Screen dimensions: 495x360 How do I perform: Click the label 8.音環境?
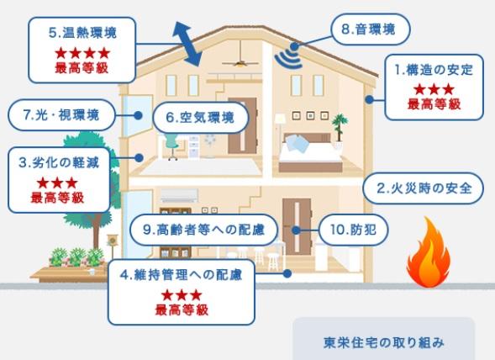coord(368,29)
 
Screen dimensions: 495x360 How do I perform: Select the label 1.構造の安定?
coord(434,70)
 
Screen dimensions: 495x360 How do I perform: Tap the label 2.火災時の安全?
coord(424,188)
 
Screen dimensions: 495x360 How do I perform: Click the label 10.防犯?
coord(353,230)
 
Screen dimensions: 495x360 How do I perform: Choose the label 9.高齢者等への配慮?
coord(203,230)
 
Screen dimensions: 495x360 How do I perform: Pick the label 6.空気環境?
coord(200,118)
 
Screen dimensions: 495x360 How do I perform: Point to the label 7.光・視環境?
coord(61,114)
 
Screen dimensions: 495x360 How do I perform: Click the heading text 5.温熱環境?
coord(82,33)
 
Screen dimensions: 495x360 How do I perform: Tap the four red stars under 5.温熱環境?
coord(82,53)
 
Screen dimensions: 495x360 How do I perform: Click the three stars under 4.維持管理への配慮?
coord(182,295)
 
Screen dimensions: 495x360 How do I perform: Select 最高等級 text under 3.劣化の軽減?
coord(57,198)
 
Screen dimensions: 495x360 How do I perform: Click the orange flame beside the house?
coord(429,253)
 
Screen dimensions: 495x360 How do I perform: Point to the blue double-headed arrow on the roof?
coord(187,44)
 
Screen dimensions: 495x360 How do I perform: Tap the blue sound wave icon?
coord(288,56)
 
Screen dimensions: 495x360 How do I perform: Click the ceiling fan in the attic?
coord(240,62)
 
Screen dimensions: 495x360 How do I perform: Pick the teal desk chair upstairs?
coord(171,146)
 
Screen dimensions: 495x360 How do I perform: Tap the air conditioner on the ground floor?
coord(179,195)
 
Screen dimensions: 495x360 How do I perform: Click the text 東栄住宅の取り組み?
coord(384,342)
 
